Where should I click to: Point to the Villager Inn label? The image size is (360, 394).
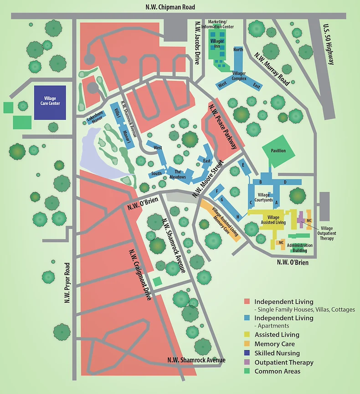(217, 44)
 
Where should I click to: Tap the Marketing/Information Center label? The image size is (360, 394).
(221, 24)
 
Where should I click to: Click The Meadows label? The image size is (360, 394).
(178, 174)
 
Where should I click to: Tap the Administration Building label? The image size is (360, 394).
(299, 248)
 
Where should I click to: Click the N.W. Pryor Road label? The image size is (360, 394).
(67, 283)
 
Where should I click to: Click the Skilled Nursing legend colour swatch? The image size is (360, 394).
(247, 353)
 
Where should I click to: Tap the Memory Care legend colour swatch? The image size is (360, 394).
(247, 344)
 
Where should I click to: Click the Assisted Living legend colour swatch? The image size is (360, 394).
(247, 335)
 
